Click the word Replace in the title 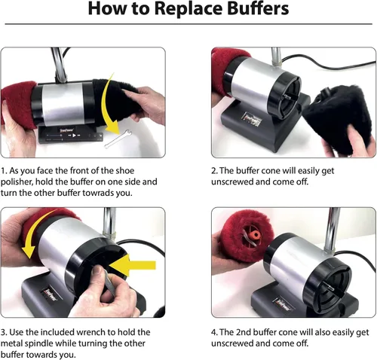pos(188,10)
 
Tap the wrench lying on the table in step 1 pos(118,139)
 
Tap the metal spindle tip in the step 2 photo pos(286,96)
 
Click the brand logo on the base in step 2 pos(252,118)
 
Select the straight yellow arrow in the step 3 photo pos(133,265)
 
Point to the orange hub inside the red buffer pos(254,236)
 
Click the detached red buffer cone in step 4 pos(247,236)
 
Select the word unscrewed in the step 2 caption pos(232,182)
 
